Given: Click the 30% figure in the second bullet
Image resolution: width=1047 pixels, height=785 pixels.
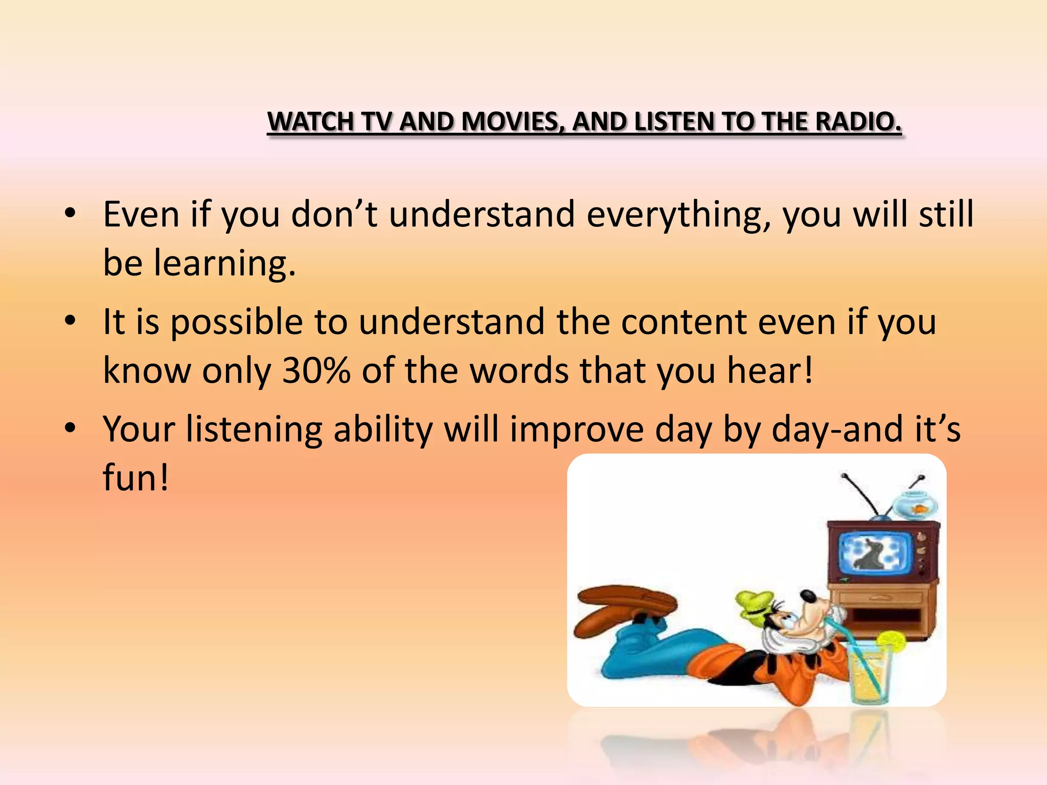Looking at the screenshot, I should (x=316, y=370).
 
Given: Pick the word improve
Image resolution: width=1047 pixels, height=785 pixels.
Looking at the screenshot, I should (x=577, y=429).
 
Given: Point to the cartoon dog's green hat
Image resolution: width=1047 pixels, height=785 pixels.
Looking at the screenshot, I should (x=754, y=603).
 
